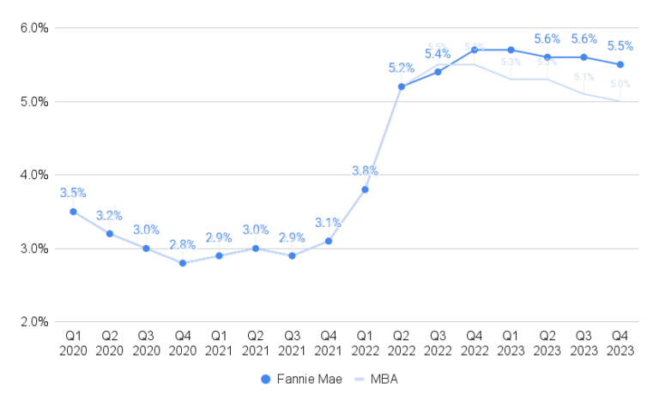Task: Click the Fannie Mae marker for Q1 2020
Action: (x=73, y=212)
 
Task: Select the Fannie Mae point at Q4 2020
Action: (x=183, y=263)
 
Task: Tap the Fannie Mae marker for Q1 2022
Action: (x=365, y=189)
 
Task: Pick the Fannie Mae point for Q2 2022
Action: (x=401, y=87)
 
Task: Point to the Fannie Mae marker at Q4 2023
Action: (x=620, y=64)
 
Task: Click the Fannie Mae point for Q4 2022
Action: (x=474, y=50)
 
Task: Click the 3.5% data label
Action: (x=73, y=193)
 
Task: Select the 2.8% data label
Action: (x=183, y=244)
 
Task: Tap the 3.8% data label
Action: (x=365, y=171)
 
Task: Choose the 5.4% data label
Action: (x=438, y=54)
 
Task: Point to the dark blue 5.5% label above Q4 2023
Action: (x=620, y=45)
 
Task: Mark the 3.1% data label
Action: (x=329, y=223)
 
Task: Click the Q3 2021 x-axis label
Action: (x=292, y=343)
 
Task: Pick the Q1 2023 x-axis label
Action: (x=511, y=343)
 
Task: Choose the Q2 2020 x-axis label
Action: (x=110, y=343)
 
